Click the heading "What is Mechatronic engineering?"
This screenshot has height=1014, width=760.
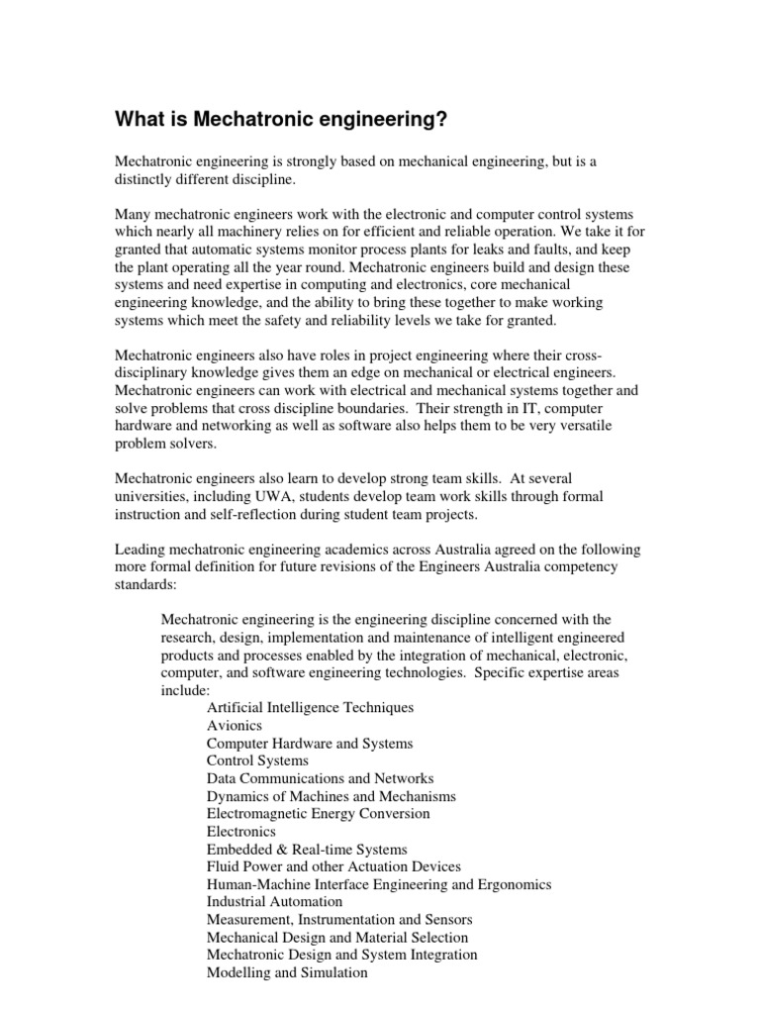[x=281, y=120]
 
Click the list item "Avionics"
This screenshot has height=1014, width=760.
[x=235, y=726]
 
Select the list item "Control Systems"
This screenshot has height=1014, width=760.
[x=257, y=761]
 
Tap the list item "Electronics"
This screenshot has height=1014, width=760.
[x=241, y=832]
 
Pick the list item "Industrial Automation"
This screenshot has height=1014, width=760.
[x=275, y=902]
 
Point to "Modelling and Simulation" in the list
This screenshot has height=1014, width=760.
[x=287, y=973]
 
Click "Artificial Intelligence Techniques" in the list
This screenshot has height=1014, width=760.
[x=310, y=708]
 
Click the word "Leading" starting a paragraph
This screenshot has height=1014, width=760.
[x=141, y=550]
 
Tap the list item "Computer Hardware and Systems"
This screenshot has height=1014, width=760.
[x=310, y=744]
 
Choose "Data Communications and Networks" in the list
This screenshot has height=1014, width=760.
[x=320, y=779]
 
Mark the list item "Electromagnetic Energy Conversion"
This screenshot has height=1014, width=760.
[x=319, y=814]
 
